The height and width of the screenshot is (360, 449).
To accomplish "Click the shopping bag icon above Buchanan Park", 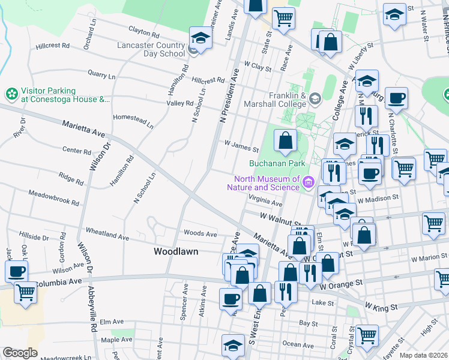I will coord(286,141).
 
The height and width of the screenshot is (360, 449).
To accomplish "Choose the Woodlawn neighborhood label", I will coord(176,251).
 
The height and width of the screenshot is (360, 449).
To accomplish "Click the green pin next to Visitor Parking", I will coord(11,94).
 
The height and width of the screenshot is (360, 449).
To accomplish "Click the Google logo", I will coord(20,353).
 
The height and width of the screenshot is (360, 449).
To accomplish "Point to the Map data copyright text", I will coord(423,355).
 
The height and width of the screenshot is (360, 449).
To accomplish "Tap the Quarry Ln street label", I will coord(101,75).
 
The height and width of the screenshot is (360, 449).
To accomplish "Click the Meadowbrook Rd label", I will coord(54,198).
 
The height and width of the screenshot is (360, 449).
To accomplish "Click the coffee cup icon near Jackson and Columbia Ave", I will coord(16,271).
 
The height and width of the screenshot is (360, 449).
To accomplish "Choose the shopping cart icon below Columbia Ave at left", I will coord(25,293).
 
